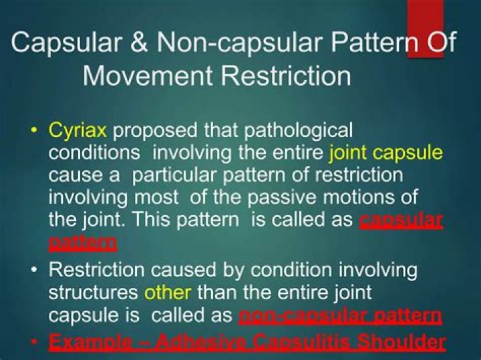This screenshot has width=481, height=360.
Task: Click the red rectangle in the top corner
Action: [426, 28]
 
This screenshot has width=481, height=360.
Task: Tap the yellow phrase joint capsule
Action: [385, 153]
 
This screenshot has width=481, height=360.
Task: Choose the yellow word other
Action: [168, 293]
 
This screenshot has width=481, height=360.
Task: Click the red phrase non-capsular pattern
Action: [339, 315]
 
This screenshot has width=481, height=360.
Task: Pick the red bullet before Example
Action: [34, 343]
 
